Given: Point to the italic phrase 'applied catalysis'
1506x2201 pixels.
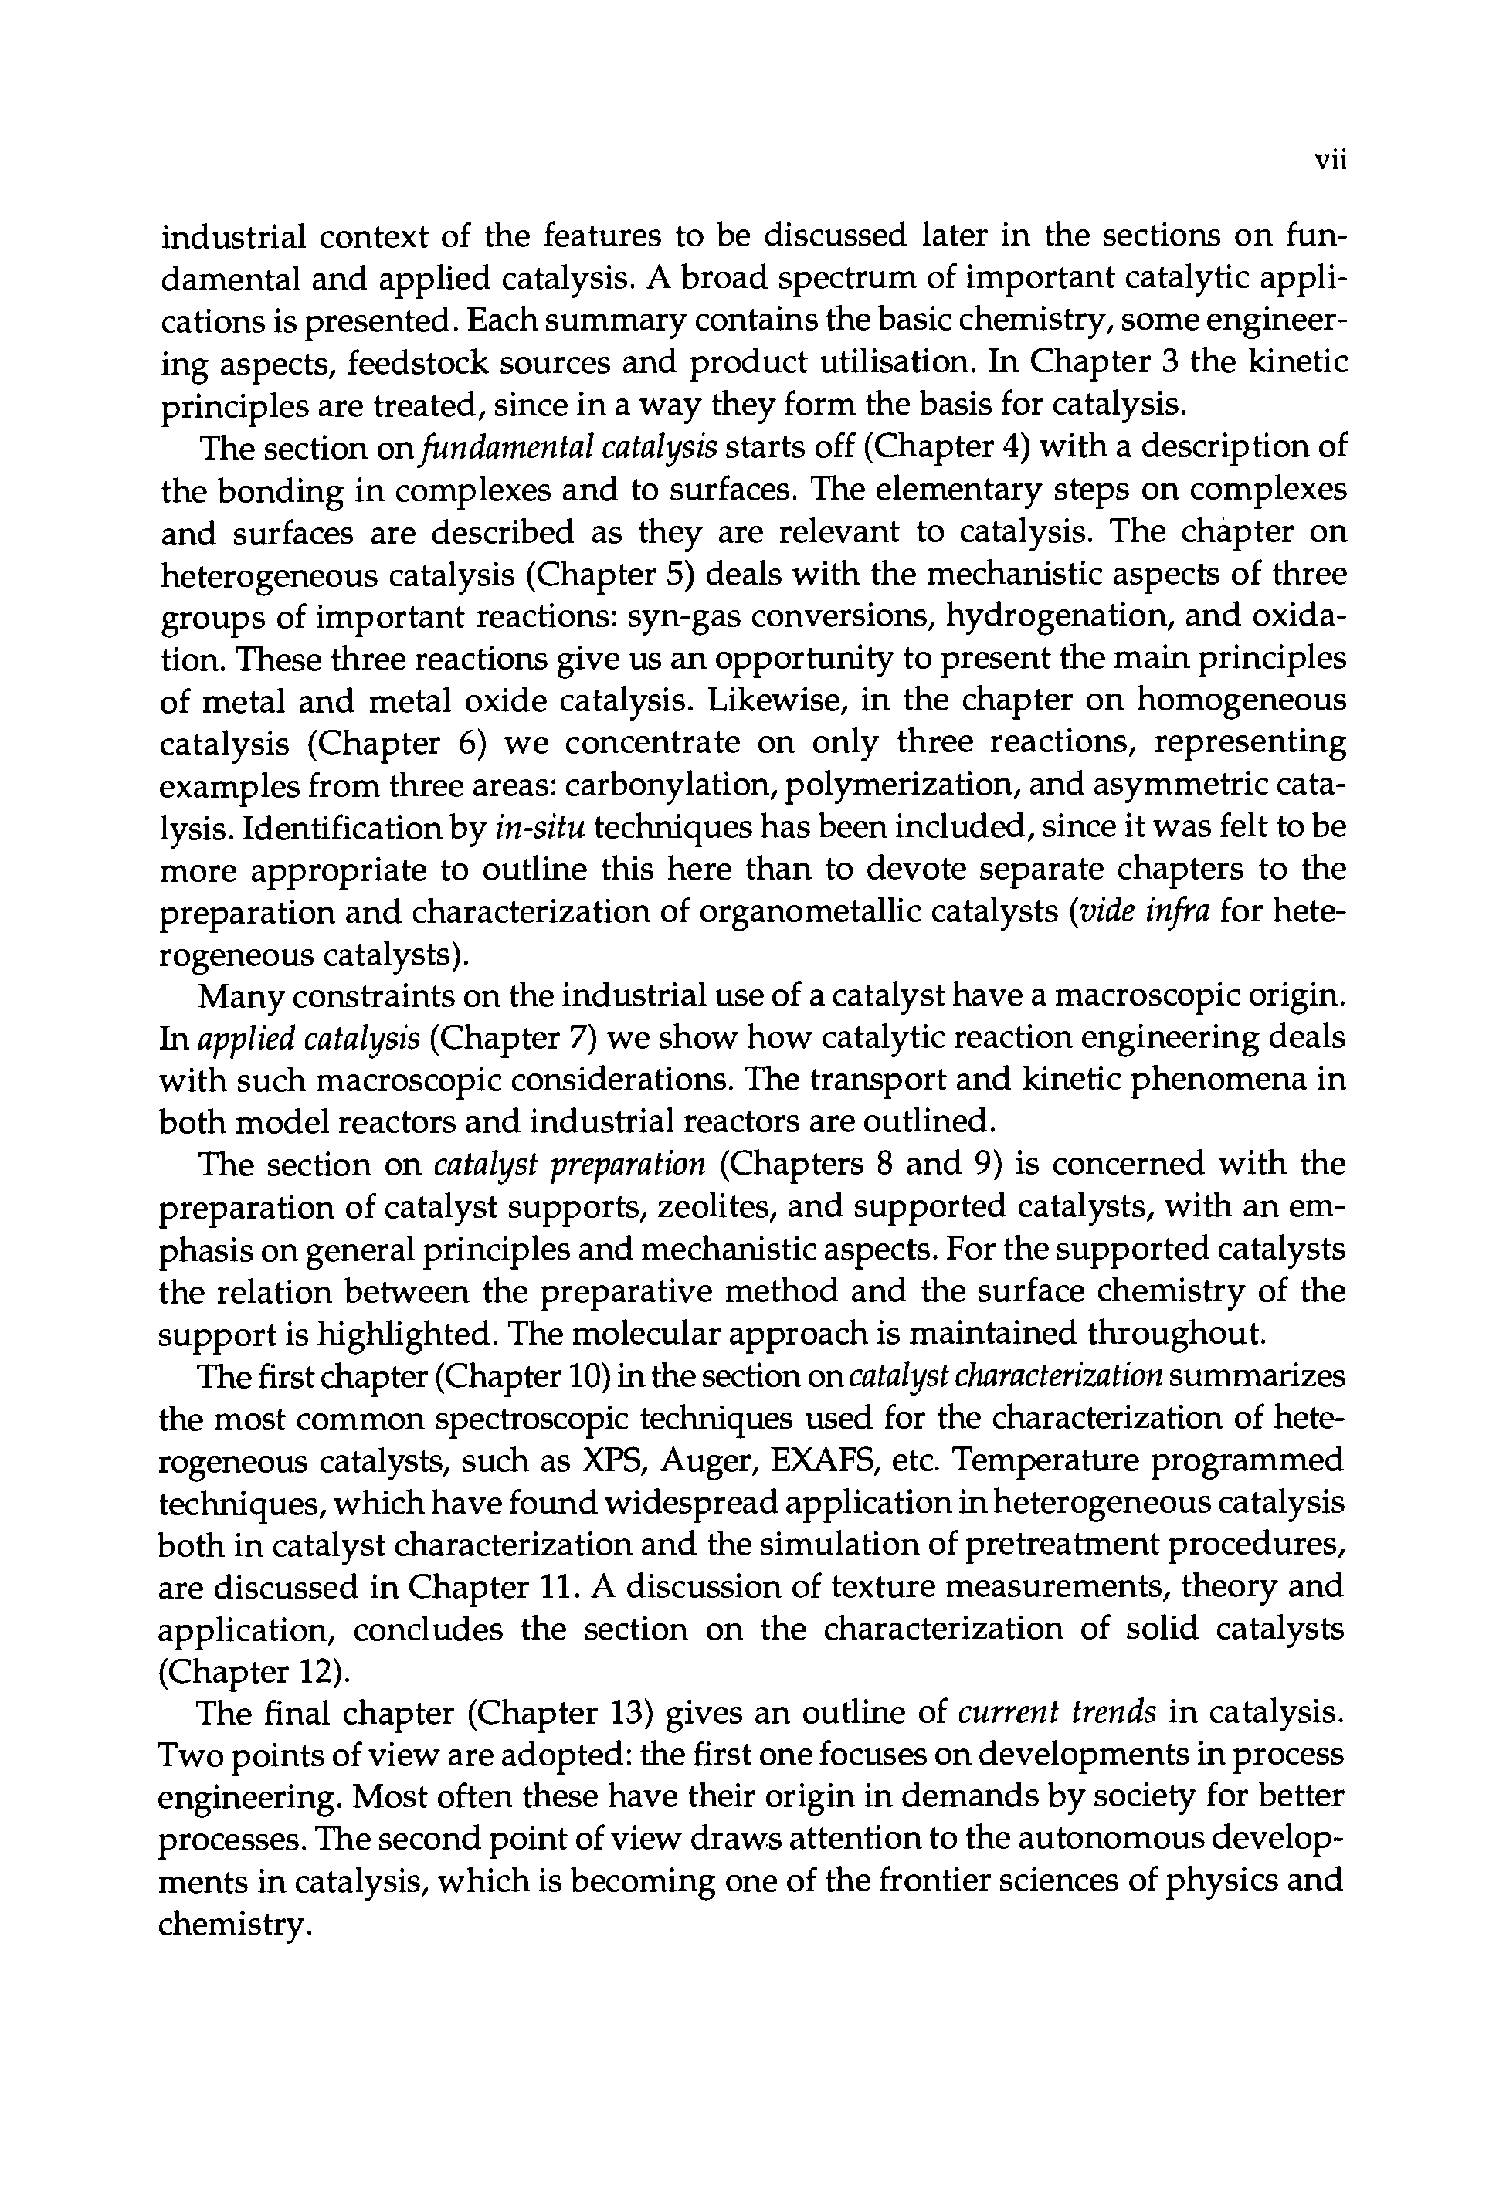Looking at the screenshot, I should coord(308,1039).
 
